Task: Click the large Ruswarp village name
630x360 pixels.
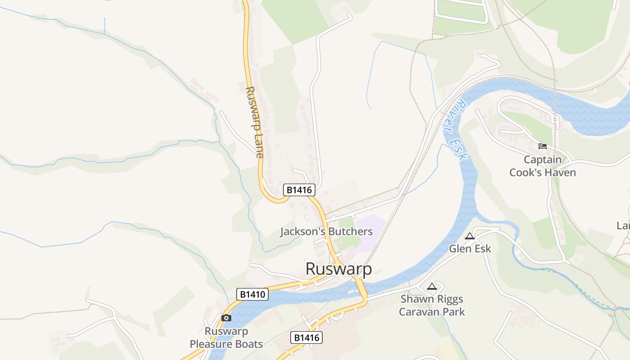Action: (x=339, y=269)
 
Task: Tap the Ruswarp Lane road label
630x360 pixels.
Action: (x=254, y=122)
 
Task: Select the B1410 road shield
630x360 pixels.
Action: (x=252, y=294)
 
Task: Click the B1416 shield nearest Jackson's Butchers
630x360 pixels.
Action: (x=299, y=190)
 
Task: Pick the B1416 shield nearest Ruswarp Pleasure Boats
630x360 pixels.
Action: (x=306, y=337)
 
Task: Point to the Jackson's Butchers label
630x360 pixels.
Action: (x=326, y=232)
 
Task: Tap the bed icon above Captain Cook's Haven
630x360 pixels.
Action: (x=543, y=146)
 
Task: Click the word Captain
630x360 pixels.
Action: (x=542, y=160)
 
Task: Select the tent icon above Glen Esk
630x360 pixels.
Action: (x=470, y=236)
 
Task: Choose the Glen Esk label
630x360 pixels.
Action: (x=470, y=249)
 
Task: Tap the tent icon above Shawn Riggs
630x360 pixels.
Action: (x=432, y=286)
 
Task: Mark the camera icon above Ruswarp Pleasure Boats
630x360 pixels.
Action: (x=226, y=318)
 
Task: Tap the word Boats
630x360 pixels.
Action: (x=250, y=344)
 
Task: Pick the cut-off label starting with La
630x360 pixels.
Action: (x=624, y=225)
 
